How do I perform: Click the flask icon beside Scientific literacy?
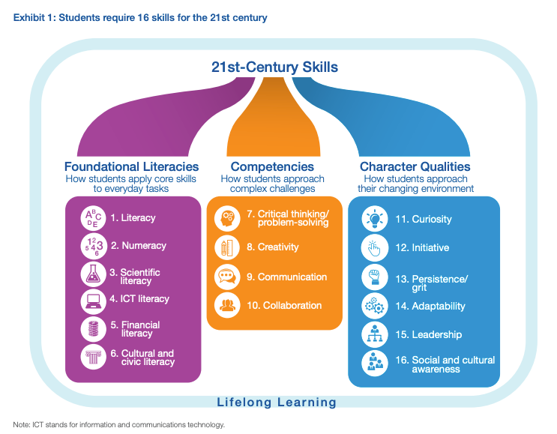pos(94,274)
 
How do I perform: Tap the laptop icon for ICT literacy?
pos(94,302)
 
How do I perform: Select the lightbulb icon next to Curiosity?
pos(374,218)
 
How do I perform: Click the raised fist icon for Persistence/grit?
pos(374,277)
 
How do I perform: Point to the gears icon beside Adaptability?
pos(374,306)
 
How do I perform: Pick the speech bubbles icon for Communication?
pos(227,277)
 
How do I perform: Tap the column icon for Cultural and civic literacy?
pos(94,357)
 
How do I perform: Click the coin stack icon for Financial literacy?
pos(94,329)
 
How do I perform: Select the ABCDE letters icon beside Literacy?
pos(94,218)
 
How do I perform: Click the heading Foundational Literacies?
pos(131,166)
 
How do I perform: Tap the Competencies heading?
pos(272,166)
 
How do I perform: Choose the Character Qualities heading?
pos(415,166)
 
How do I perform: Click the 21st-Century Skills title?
pos(274,67)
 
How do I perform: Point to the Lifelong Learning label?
pos(277,402)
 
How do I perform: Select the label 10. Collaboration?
pos(284,305)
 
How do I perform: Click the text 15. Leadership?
pos(428,334)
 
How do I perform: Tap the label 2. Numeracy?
pos(138,245)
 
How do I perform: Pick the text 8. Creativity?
pos(273,247)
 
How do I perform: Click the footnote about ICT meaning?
pos(118,424)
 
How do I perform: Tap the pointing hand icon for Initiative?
pos(374,247)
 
